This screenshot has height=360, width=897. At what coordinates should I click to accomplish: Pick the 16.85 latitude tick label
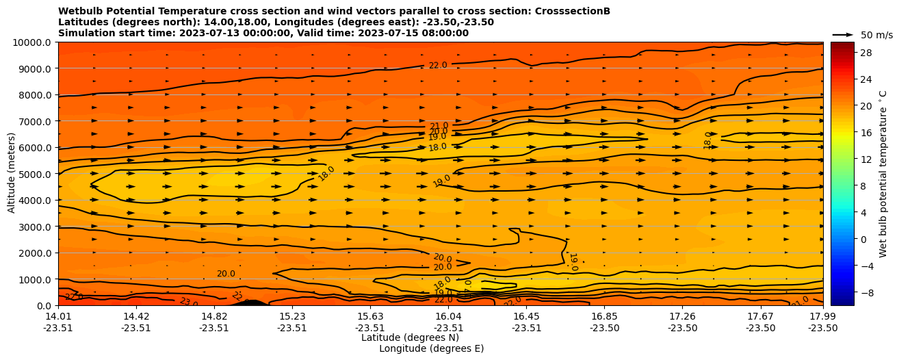tap(604, 316)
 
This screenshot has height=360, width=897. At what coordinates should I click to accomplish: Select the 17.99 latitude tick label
tap(822, 316)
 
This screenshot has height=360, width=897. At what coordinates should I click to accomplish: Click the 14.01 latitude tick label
tap(58, 316)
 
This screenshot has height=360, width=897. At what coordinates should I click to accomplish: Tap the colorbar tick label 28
tap(865, 53)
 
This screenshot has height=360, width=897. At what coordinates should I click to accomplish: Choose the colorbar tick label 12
tap(865, 159)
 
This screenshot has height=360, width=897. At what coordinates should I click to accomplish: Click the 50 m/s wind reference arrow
tap(842, 34)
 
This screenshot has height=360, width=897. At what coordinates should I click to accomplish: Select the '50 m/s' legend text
tap(876, 35)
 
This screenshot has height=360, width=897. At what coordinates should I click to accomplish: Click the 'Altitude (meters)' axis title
tap(12, 173)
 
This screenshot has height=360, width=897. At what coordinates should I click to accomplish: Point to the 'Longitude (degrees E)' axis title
tap(431, 348)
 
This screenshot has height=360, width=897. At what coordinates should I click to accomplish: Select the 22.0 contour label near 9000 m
tap(438, 66)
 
